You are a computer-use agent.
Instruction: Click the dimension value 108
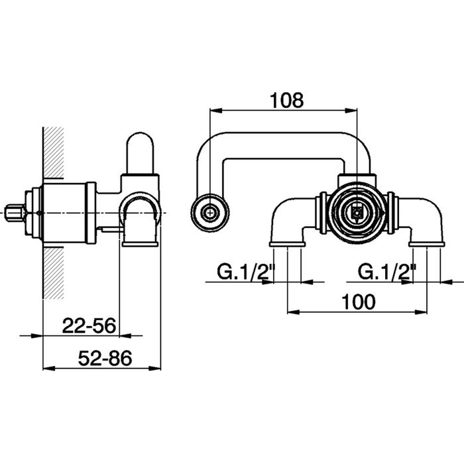(x=287, y=100)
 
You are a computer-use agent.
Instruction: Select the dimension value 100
(x=359, y=302)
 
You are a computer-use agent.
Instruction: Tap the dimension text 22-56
(x=89, y=326)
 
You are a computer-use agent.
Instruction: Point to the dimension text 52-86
(x=105, y=358)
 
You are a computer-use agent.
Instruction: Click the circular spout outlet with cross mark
(x=210, y=213)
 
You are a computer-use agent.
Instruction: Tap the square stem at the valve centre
(x=357, y=213)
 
